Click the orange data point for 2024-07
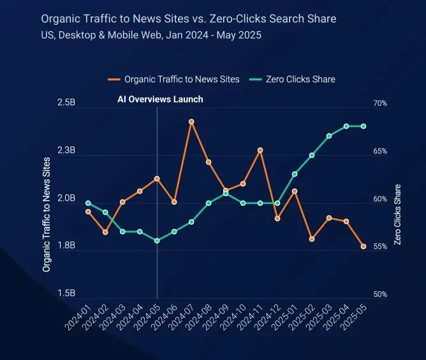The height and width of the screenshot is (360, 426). point(191,121)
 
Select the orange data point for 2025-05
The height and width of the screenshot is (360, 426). point(364,246)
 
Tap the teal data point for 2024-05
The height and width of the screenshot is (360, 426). point(157,241)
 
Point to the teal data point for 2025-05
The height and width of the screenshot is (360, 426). point(364,126)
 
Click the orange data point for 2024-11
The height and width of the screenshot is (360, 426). point(260,150)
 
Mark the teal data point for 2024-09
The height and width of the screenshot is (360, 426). point(226,193)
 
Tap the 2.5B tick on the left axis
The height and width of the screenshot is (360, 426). point(66,103)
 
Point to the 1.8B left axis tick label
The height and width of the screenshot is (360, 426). point(66,246)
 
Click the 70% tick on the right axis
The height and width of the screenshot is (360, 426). point(380,103)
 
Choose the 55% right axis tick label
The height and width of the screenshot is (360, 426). point(380,247)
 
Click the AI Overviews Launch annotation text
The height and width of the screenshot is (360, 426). point(160,99)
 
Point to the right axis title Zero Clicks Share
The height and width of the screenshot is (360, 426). point(398,215)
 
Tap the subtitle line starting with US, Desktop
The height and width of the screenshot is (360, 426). point(151,34)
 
